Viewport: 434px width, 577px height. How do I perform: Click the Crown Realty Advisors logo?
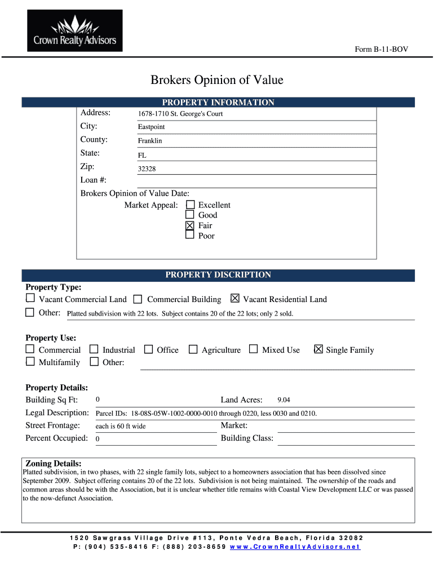(x=75, y=31)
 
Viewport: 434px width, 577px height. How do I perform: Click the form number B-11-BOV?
(x=381, y=50)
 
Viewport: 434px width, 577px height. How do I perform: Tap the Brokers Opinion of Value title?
(x=216, y=80)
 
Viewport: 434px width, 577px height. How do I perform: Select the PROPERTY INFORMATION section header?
(x=218, y=103)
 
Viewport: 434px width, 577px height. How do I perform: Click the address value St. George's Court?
(x=180, y=114)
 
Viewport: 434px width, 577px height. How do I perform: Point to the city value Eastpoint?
(x=151, y=127)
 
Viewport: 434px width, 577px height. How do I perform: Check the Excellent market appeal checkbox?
(x=190, y=205)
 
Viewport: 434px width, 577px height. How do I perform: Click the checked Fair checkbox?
(x=190, y=225)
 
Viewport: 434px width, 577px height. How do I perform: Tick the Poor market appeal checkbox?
(x=190, y=236)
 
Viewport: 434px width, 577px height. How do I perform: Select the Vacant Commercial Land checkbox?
(x=30, y=299)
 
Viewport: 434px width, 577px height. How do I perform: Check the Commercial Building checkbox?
(x=138, y=299)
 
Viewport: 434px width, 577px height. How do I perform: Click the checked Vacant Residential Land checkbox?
(x=235, y=299)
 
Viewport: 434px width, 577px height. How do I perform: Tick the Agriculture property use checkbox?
(x=193, y=350)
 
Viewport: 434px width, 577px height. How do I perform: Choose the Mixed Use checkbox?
(x=253, y=349)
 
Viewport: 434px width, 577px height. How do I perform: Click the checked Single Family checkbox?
(x=318, y=349)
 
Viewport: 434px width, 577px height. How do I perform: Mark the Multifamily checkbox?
(x=30, y=362)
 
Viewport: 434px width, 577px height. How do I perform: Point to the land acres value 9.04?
(x=284, y=400)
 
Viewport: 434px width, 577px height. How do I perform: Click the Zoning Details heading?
(x=54, y=463)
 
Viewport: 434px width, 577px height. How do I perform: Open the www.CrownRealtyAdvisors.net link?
(x=295, y=547)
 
